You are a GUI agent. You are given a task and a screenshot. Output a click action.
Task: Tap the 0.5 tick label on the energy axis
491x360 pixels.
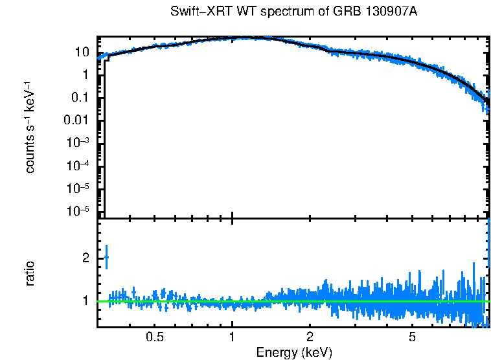click(154, 337)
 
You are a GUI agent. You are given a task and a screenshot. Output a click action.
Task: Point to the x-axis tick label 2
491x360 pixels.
click(310, 337)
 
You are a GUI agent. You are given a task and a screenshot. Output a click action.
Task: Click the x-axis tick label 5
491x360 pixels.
click(412, 337)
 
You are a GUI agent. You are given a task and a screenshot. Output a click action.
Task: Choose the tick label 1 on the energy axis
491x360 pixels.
click(232, 337)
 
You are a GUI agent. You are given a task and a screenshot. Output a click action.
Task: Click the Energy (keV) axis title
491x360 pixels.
click(294, 352)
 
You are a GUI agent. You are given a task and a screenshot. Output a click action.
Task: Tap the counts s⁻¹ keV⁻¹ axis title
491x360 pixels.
click(30, 127)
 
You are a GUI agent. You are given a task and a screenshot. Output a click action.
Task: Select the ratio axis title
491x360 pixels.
click(30, 273)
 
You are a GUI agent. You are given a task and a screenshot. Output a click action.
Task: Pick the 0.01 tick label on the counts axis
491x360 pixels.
click(76, 120)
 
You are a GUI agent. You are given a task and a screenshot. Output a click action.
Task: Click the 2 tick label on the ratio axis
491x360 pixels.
click(85, 258)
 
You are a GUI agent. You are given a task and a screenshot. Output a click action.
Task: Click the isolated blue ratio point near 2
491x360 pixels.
click(106, 257)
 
